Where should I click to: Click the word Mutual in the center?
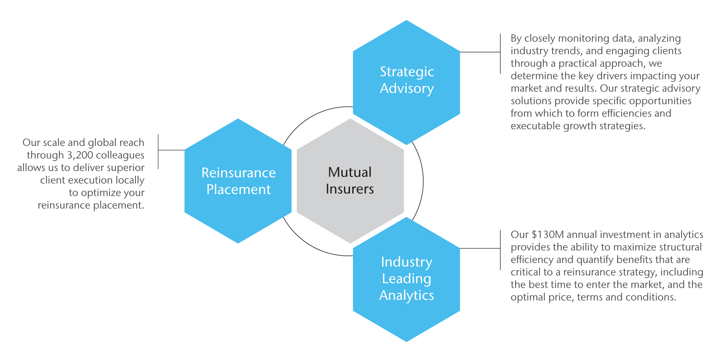coord(350,172)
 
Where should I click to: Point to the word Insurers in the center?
coord(350,189)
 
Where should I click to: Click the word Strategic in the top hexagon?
coord(407,72)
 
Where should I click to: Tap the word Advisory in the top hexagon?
coord(407,88)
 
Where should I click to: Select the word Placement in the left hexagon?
coord(238,189)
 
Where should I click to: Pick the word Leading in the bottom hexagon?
coord(406,279)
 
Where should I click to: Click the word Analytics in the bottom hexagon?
coord(406,295)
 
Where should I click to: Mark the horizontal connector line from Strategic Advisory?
coord(480,52)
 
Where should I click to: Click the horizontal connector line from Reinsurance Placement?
coord(171,150)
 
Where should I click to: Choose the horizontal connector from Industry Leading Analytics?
coord(480,248)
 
